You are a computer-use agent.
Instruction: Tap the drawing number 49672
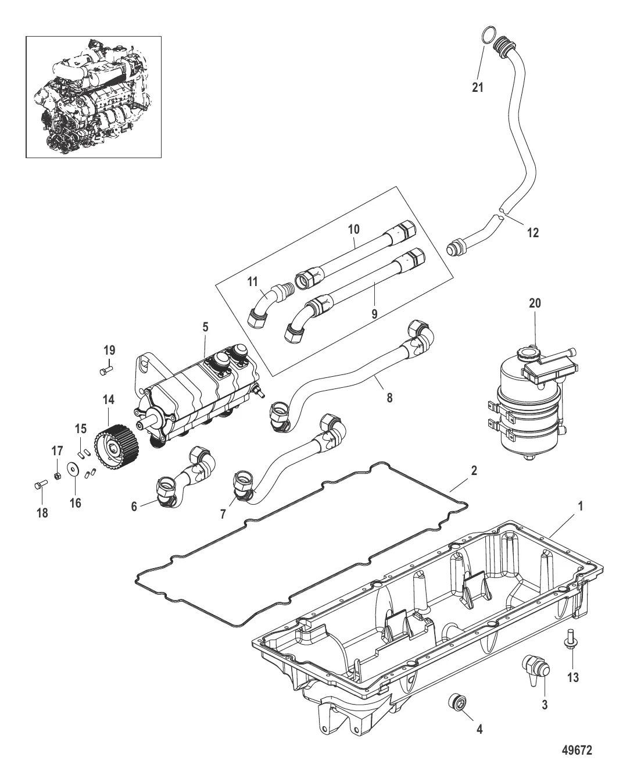577,749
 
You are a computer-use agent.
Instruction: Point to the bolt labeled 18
40,484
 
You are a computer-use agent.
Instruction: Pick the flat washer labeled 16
74,469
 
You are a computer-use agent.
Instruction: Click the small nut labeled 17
57,474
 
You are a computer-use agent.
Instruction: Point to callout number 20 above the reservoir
535,303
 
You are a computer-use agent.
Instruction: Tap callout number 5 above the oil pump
205,327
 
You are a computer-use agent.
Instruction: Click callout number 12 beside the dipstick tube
533,233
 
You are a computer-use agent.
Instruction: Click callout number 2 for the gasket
474,470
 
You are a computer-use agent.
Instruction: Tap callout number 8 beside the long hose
389,398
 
